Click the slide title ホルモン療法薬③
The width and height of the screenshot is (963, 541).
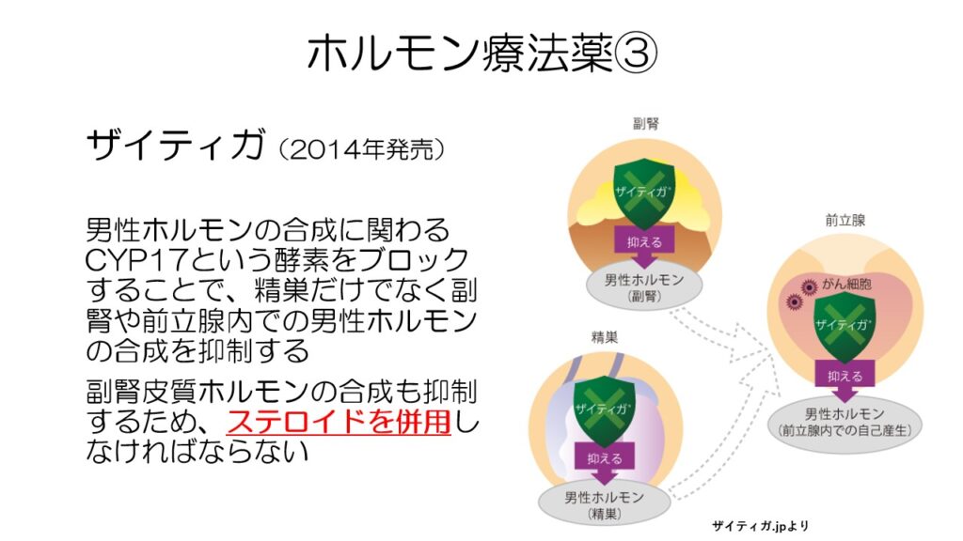482,54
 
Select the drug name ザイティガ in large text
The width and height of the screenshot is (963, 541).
176,145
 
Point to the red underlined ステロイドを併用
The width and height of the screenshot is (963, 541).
339,422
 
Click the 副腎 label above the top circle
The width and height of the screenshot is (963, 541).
645,124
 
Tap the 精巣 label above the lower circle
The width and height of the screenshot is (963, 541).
605,337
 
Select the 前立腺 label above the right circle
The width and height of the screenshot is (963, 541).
845,221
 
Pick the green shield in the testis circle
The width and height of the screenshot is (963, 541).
604,410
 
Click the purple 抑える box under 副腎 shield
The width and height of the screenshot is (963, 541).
644,241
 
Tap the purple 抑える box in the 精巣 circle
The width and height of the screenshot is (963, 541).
605,457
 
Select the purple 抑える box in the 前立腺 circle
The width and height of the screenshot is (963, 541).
845,375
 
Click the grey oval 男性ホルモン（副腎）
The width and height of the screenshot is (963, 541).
644,287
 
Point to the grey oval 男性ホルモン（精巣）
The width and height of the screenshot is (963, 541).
605,504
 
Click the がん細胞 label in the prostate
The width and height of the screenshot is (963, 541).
847,284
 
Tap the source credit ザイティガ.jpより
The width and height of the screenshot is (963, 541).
760,526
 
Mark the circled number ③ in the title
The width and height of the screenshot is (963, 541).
637,54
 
